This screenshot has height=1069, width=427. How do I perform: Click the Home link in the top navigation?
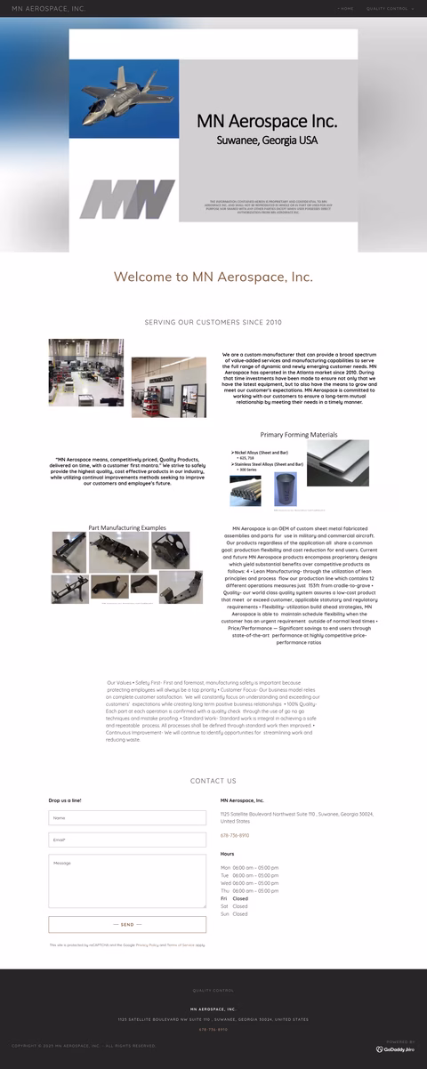tap(347, 8)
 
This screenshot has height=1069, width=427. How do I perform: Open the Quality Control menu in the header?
tap(389, 8)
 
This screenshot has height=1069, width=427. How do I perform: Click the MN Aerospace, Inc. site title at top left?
tap(48, 8)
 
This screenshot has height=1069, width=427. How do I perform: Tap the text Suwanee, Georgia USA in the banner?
tap(267, 141)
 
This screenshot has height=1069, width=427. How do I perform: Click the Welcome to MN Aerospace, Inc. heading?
tap(213, 277)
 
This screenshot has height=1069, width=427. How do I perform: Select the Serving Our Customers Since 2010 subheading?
tap(213, 322)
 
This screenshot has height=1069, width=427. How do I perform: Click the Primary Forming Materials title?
tap(299, 435)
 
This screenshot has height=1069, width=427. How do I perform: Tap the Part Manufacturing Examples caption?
tap(127, 528)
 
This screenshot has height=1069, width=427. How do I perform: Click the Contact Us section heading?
tap(213, 781)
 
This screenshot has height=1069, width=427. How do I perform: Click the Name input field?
tap(127, 817)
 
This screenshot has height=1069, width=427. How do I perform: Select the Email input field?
tap(127, 840)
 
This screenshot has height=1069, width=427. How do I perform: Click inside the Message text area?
tap(127, 880)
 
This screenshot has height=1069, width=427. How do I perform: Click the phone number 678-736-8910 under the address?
tap(235, 835)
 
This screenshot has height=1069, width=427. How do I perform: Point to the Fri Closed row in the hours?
tap(235, 898)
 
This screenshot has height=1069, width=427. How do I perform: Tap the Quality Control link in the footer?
tap(213, 990)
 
